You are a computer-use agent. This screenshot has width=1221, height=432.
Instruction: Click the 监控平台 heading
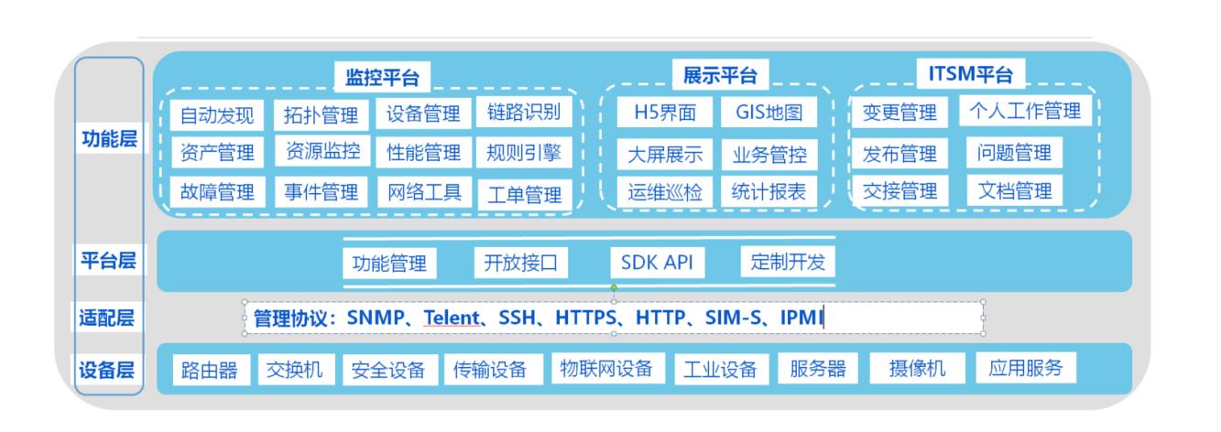[382, 78]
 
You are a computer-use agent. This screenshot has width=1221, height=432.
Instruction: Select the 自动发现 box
[217, 115]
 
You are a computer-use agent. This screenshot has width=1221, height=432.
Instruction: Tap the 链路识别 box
[524, 113]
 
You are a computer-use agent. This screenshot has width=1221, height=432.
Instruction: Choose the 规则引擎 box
[524, 153]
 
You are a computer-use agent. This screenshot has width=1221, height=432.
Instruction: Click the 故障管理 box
[217, 192]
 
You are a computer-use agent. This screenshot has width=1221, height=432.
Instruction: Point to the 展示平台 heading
[720, 75]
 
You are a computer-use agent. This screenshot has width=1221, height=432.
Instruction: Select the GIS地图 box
[769, 113]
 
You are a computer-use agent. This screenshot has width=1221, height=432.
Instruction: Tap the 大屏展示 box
[665, 155]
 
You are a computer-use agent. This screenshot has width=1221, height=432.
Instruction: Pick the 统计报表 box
[769, 191]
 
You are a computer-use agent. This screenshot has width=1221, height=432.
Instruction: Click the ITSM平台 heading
[971, 73]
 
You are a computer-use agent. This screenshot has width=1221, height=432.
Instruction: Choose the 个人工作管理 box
[1025, 111]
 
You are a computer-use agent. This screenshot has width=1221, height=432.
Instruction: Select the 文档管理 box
[1015, 190]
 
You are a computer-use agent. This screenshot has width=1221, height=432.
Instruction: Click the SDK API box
[657, 263]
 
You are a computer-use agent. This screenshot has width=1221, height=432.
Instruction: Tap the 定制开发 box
[788, 262]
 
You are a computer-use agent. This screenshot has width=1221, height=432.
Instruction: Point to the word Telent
[452, 317]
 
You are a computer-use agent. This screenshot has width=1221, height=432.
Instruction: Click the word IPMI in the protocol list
[801, 317]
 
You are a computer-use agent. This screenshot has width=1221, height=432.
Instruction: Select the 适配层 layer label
[107, 317]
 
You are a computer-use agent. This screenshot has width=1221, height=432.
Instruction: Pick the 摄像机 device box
[918, 368]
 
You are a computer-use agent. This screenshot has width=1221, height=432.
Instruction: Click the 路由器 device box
[210, 371]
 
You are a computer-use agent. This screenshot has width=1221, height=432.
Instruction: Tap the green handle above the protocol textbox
[614, 287]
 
